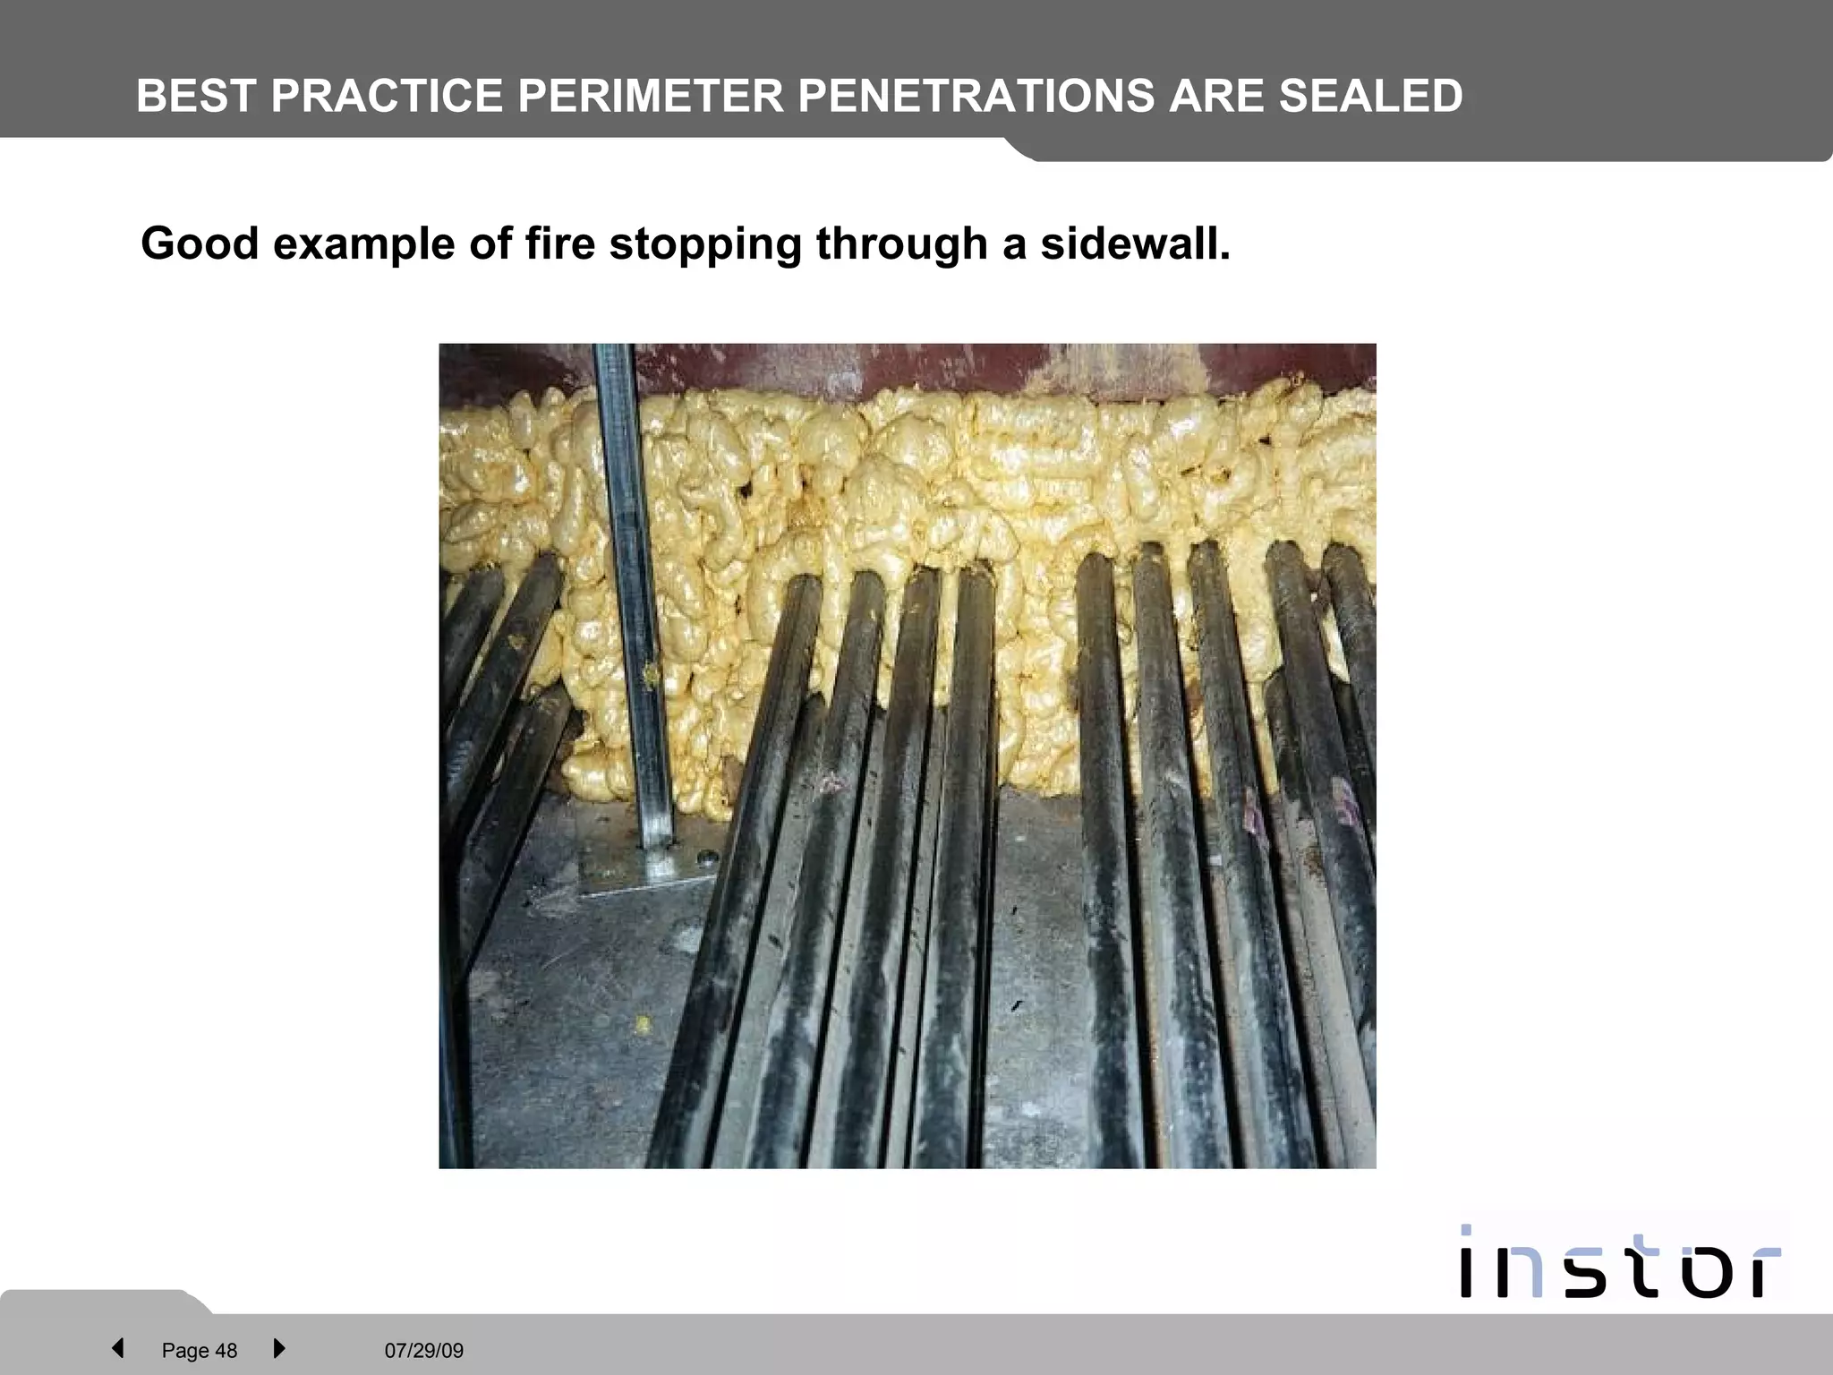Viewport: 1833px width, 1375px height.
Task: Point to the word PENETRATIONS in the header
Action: (x=976, y=97)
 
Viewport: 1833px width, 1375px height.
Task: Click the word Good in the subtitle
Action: (x=200, y=243)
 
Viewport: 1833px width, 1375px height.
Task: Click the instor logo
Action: (x=1619, y=1263)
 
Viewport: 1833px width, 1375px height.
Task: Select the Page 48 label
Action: (x=199, y=1351)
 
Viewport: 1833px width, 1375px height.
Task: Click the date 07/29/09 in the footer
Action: (x=424, y=1351)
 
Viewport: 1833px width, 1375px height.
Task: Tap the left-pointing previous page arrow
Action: (x=117, y=1348)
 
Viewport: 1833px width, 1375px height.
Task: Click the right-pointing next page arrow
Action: (x=278, y=1348)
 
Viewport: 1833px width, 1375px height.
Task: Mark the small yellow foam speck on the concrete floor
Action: (x=642, y=1021)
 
